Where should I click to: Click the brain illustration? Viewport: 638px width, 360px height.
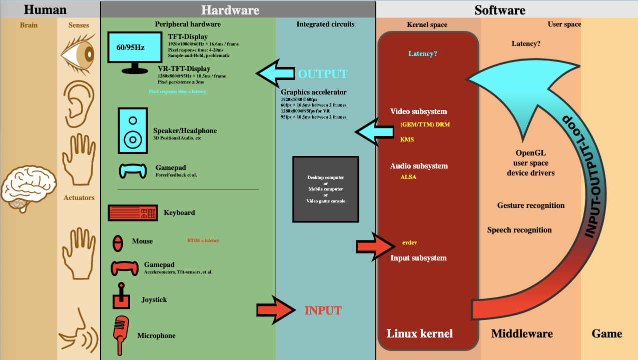[x=29, y=188]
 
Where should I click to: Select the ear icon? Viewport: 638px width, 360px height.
[x=79, y=103]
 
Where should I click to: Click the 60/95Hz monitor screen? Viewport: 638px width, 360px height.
[x=135, y=47]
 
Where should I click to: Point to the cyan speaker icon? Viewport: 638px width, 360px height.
[x=133, y=130]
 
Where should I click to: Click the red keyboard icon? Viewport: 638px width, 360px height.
[x=133, y=212]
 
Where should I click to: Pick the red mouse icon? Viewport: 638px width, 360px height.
[x=118, y=243]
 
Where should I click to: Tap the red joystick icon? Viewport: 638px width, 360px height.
[x=121, y=296]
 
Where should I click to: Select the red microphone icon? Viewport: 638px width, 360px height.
[x=121, y=335]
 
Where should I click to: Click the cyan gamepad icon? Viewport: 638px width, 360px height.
[x=133, y=171]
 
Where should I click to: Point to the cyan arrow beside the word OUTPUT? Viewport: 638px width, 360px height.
[x=275, y=73]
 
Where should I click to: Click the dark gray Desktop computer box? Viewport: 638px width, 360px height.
[x=326, y=189]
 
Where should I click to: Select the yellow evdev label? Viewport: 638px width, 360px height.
[x=410, y=242]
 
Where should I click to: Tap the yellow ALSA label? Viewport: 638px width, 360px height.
[x=408, y=177]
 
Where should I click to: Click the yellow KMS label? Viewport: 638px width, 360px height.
[x=407, y=139]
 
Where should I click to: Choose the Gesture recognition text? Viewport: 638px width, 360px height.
[x=531, y=205]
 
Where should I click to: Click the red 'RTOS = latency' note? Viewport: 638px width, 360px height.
[x=203, y=240]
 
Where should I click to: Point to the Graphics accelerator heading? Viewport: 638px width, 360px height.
[x=314, y=92]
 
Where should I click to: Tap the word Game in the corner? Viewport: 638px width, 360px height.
[x=607, y=333]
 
